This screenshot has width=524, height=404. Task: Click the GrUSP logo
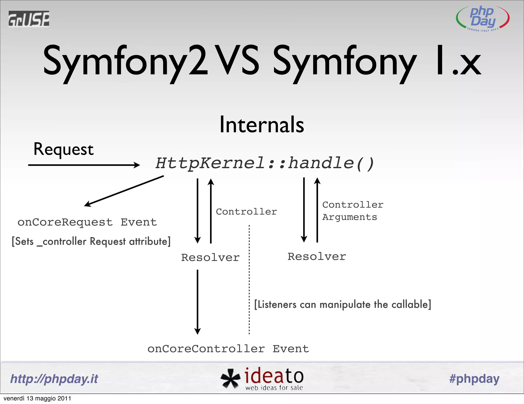[x=29, y=19]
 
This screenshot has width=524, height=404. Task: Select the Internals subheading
[x=262, y=125]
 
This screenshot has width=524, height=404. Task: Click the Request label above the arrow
[x=63, y=149]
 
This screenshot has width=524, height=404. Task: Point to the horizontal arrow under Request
[x=84, y=165]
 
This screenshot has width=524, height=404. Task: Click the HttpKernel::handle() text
[x=265, y=163]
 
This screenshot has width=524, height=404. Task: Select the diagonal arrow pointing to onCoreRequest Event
[x=124, y=191]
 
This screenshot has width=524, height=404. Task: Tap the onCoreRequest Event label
[x=87, y=222]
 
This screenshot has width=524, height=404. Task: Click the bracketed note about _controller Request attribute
[x=91, y=241]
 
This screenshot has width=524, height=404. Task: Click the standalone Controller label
[x=246, y=212]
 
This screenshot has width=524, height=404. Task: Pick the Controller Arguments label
[x=353, y=211]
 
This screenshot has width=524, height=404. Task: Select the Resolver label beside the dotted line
[x=210, y=257]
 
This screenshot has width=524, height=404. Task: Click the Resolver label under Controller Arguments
[x=317, y=257]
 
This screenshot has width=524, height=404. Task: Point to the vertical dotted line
[x=249, y=279]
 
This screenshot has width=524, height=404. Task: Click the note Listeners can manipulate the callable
[x=342, y=305]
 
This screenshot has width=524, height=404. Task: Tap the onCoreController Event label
[x=228, y=349]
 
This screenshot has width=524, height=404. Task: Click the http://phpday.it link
[x=54, y=379]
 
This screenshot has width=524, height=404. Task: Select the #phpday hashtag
[x=474, y=379]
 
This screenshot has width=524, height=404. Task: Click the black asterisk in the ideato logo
[x=230, y=379]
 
